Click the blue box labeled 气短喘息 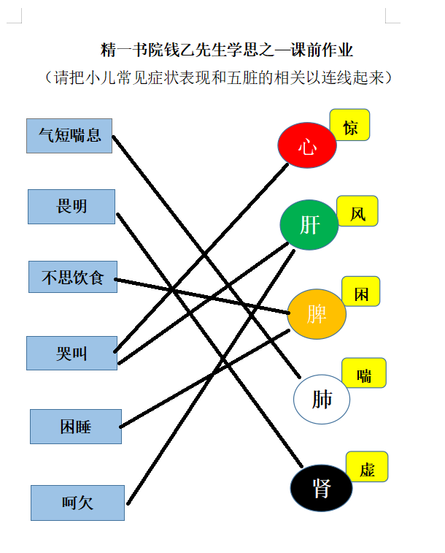69,136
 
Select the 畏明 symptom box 71,207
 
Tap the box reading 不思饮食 73,277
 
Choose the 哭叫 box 71,353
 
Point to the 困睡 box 76,427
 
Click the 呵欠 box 77,503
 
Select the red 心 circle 307,145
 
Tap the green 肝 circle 309,225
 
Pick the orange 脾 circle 317,314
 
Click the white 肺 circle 322,399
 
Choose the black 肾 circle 321,488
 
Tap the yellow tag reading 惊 349,125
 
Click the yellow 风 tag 357,211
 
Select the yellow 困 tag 361,291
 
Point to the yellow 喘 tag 364,373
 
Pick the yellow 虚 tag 367,467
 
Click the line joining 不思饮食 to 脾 202,297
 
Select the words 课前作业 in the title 322,50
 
